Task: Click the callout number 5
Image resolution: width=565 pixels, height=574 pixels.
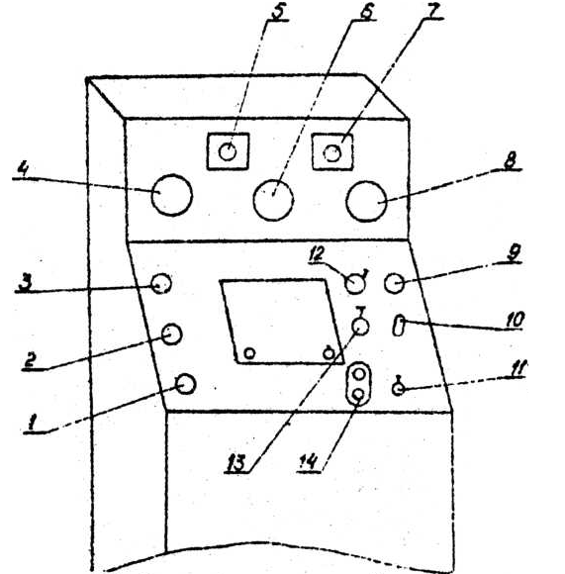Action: pos(279,11)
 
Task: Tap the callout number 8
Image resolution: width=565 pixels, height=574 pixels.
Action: pos(511,161)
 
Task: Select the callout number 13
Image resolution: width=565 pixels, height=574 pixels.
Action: pos(235,463)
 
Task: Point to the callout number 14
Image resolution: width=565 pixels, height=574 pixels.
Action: pos(308,463)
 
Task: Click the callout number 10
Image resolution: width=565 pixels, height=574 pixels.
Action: pos(516,320)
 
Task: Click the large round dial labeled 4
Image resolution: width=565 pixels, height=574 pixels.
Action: pos(171,195)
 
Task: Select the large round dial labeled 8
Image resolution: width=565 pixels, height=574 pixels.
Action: pos(366,201)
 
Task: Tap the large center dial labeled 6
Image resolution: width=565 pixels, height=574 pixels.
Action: pos(273,200)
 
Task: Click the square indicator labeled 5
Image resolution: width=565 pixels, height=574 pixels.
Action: pos(228,151)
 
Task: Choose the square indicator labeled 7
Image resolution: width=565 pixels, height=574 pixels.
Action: pos(332,152)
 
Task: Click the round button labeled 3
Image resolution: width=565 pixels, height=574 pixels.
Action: pos(161,284)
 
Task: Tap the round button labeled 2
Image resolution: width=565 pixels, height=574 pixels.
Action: pos(171,334)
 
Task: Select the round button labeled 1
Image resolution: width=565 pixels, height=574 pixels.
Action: pos(186,384)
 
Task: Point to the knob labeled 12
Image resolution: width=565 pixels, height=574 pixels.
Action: pos(355,283)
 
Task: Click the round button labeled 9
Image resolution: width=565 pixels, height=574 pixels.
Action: pos(395,283)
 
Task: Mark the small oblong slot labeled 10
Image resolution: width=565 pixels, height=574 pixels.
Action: pos(399,325)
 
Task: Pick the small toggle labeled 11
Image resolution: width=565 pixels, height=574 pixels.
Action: pos(398,387)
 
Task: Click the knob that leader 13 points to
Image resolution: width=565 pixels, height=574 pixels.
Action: pos(360,326)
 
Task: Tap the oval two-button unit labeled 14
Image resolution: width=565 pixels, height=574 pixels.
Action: pos(359,384)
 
